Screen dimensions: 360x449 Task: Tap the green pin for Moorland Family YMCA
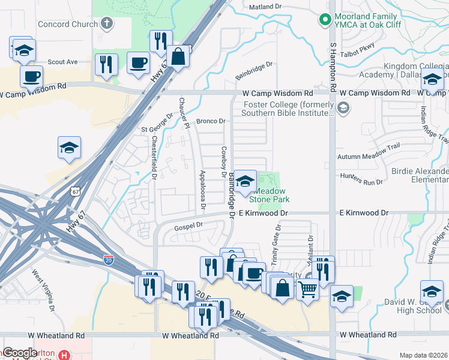pyautogui.click(x=325, y=20)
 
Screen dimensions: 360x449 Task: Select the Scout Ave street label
pyautogui.click(x=63, y=62)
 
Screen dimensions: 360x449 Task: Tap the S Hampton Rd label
pyautogui.click(x=333, y=66)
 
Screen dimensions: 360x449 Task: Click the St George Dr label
pyautogui.click(x=157, y=124)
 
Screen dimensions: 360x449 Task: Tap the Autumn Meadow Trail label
pyautogui.click(x=377, y=156)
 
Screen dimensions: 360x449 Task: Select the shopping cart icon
pyautogui.click(x=307, y=290)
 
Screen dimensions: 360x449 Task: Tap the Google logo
pyautogui.click(x=20, y=353)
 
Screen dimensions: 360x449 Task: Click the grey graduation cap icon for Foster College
pyautogui.click(x=343, y=109)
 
